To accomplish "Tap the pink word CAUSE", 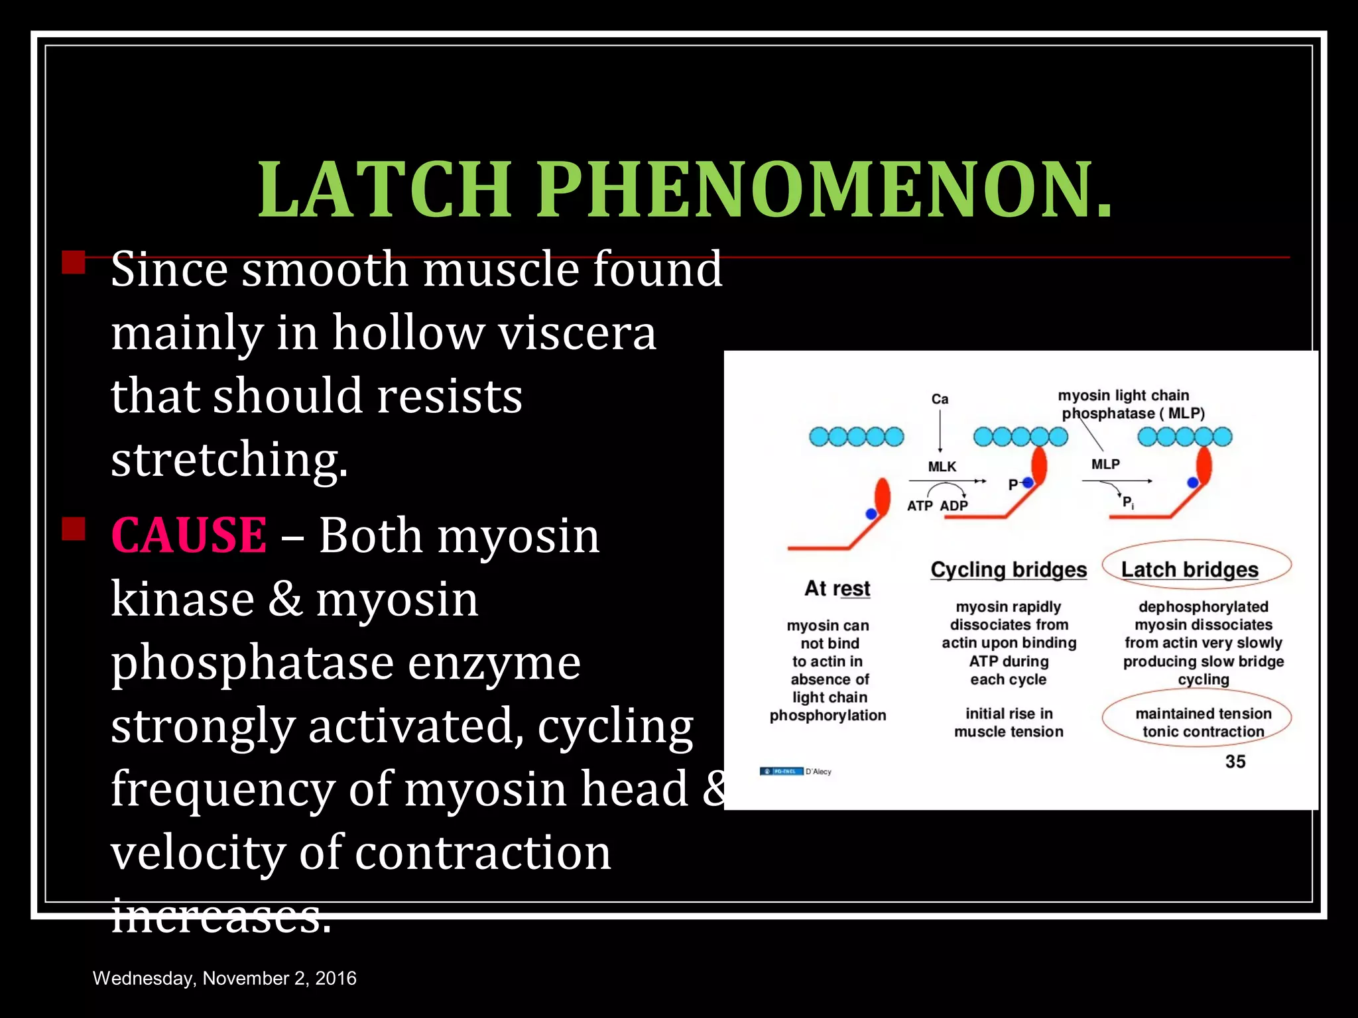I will [x=189, y=535].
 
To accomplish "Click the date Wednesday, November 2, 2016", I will [x=224, y=978].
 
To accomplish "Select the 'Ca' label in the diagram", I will [x=940, y=399].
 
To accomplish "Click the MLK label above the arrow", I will [x=942, y=467].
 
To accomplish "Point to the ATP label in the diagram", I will [x=920, y=506].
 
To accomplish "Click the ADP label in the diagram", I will [x=954, y=506].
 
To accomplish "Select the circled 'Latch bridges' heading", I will [x=1190, y=569].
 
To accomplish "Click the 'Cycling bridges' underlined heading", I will [x=1009, y=569].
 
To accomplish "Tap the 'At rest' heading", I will [x=837, y=588].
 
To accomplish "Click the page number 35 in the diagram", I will [x=1235, y=762].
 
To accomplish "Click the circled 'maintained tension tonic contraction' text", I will [x=1203, y=722].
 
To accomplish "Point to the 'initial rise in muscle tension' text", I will [x=1009, y=722].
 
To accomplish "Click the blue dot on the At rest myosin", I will [x=871, y=514].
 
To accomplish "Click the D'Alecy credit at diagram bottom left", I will [x=818, y=771].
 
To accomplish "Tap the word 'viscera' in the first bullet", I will [x=577, y=333].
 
